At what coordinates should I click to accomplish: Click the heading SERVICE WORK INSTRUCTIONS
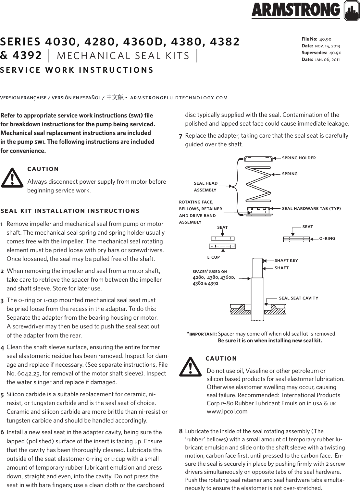pos(77,70)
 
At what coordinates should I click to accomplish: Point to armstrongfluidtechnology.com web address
pos(179,98)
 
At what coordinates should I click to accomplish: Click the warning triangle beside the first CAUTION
pos(12,178)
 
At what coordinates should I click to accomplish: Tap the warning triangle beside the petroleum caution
pos(190,367)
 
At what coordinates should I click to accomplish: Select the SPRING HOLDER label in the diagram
pos(299,158)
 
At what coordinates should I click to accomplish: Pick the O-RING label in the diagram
pos(327,239)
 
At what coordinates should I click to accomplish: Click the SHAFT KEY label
pos(286,261)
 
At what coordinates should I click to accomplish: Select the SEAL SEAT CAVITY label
pos(299,298)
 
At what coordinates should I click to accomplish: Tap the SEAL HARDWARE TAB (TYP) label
pos(311,208)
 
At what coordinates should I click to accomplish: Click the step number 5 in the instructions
pos(2,395)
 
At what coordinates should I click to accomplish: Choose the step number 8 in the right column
pos(181,432)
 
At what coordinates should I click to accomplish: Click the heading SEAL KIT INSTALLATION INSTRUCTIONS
pos(70,211)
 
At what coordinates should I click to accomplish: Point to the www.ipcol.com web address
pos(227,411)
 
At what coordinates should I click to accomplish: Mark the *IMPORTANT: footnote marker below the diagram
pos(202,334)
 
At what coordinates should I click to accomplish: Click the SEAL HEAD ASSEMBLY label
pos(205,186)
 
